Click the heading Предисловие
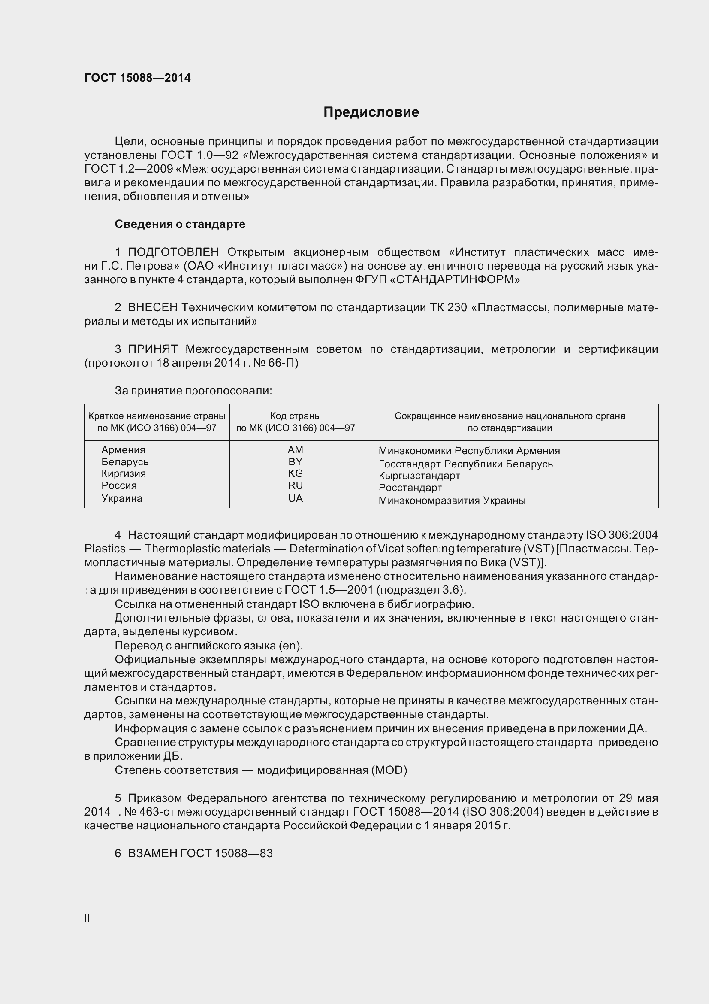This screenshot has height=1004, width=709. [371, 112]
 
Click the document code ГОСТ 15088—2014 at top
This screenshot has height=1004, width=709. [138, 78]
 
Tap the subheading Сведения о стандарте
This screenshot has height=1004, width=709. [180, 224]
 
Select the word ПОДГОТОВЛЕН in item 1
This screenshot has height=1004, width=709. [173, 252]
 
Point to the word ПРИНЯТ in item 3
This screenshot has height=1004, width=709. [152, 349]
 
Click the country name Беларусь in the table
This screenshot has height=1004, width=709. [125, 462]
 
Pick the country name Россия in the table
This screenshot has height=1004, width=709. [119, 485]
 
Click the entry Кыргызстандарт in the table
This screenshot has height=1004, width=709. [419, 476]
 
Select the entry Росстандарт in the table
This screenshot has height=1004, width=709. [410, 488]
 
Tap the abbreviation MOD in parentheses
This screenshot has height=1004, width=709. [389, 770]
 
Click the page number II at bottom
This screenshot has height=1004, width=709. [87, 918]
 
